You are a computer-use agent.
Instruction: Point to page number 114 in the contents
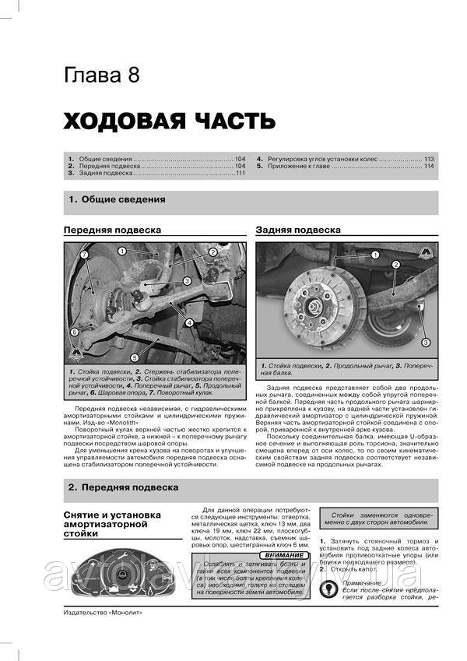click(x=429, y=167)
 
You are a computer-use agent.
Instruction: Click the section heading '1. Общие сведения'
click(x=117, y=200)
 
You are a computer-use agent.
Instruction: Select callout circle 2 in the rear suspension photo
click(x=396, y=266)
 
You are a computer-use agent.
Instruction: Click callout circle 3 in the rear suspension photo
click(x=426, y=342)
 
